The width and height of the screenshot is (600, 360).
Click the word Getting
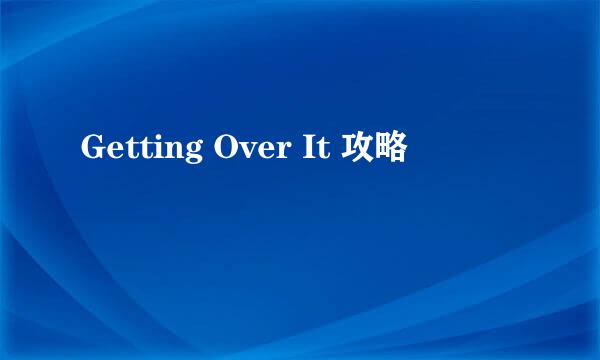141,150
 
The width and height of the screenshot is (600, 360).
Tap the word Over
245,150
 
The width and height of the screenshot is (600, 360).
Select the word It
309,150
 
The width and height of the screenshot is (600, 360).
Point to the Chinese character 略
391,150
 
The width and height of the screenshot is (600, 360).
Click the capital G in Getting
92,150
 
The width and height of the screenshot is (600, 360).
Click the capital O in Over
223,150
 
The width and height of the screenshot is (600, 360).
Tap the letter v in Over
244,153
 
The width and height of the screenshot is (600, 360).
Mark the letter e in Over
261,153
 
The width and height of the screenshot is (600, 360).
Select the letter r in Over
276,153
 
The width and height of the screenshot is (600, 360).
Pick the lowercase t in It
317,151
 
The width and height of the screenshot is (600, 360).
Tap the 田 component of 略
382,150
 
